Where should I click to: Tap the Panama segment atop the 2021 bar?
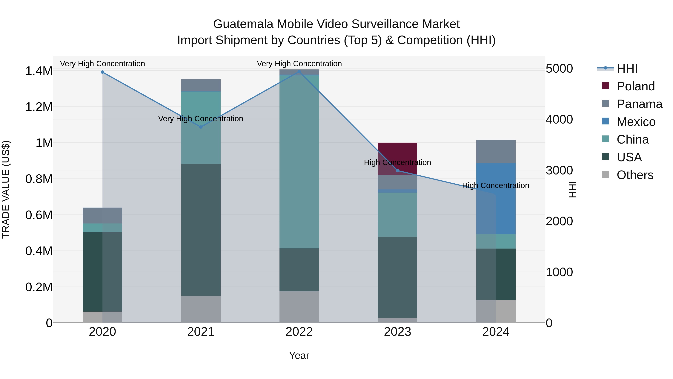click(x=201, y=85)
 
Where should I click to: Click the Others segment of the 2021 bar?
click(x=201, y=309)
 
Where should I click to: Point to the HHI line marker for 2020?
click(x=102, y=72)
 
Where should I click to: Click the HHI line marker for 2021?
click(x=201, y=127)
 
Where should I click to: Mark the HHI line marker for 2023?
click(x=397, y=171)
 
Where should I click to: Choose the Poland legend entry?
click(x=635, y=86)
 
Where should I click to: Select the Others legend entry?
click(x=635, y=175)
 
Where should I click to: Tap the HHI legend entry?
click(x=627, y=69)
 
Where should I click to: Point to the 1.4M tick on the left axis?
click(x=39, y=71)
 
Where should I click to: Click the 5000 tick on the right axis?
click(x=559, y=69)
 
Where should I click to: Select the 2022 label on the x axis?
click(x=299, y=332)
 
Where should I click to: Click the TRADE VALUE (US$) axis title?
click(x=6, y=189)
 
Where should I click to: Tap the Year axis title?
click(x=299, y=355)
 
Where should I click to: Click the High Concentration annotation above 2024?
click(x=496, y=185)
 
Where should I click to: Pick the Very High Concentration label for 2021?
click(x=201, y=119)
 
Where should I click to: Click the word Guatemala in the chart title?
click(x=243, y=24)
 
